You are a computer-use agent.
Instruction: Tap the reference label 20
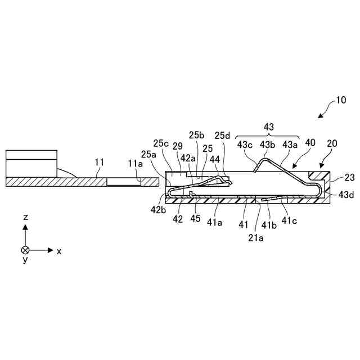tap(332, 143)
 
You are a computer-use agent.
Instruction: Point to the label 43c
tap(245, 145)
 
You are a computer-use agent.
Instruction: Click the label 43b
tap(267, 145)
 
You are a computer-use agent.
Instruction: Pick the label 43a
tap(290, 145)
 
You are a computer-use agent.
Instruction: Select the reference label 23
tap(349, 177)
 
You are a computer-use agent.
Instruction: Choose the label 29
tap(178, 146)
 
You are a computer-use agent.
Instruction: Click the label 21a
tap(256, 237)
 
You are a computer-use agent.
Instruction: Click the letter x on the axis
tap(58, 251)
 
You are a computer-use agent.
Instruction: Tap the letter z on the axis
tap(25, 217)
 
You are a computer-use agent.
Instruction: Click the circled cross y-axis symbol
tap(25, 250)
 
